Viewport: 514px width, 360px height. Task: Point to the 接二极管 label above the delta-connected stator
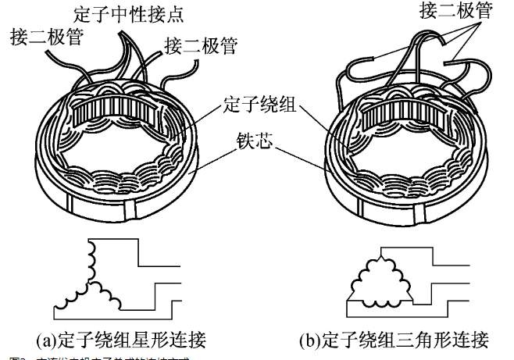tap(434, 12)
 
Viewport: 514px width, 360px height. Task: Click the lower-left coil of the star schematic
tap(74, 294)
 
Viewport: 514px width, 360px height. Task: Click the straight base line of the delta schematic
tap(382, 299)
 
